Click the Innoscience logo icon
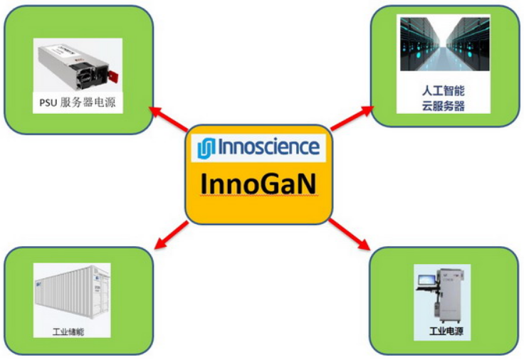pyautogui.click(x=206, y=148)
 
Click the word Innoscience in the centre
pyautogui.click(x=268, y=147)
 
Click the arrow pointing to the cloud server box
pyautogui.click(x=352, y=119)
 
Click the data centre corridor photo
pyautogui.click(x=444, y=45)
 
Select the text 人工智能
pyautogui.click(x=443, y=92)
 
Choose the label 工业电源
pyautogui.click(x=443, y=332)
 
